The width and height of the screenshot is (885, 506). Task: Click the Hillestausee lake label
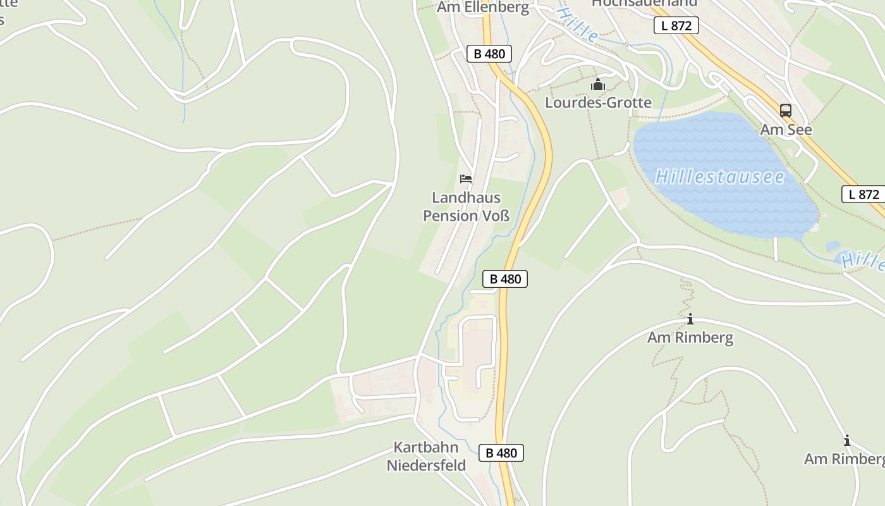719,176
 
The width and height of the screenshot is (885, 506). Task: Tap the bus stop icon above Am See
785,111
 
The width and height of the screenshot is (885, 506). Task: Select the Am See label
785,130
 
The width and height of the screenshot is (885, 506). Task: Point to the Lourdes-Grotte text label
598,102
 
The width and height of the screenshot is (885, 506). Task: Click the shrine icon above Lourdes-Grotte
597,84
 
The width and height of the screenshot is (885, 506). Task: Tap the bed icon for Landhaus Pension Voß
466,179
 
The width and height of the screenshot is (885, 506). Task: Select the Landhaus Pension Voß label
466,207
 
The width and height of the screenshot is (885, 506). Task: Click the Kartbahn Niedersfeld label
426,457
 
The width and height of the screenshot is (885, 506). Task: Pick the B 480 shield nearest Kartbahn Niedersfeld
501,453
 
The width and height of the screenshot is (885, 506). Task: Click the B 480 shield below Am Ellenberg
489,54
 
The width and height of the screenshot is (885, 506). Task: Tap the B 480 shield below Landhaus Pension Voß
504,279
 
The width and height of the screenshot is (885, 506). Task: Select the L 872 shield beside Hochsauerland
676,26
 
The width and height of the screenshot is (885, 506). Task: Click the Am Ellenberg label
483,8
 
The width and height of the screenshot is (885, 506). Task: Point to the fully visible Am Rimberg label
690,337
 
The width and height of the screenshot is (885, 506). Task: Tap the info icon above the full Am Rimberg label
690,319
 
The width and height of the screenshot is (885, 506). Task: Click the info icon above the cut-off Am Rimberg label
846,441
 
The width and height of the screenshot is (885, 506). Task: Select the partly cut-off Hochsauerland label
644,3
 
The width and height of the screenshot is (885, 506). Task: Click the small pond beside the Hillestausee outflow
833,246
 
